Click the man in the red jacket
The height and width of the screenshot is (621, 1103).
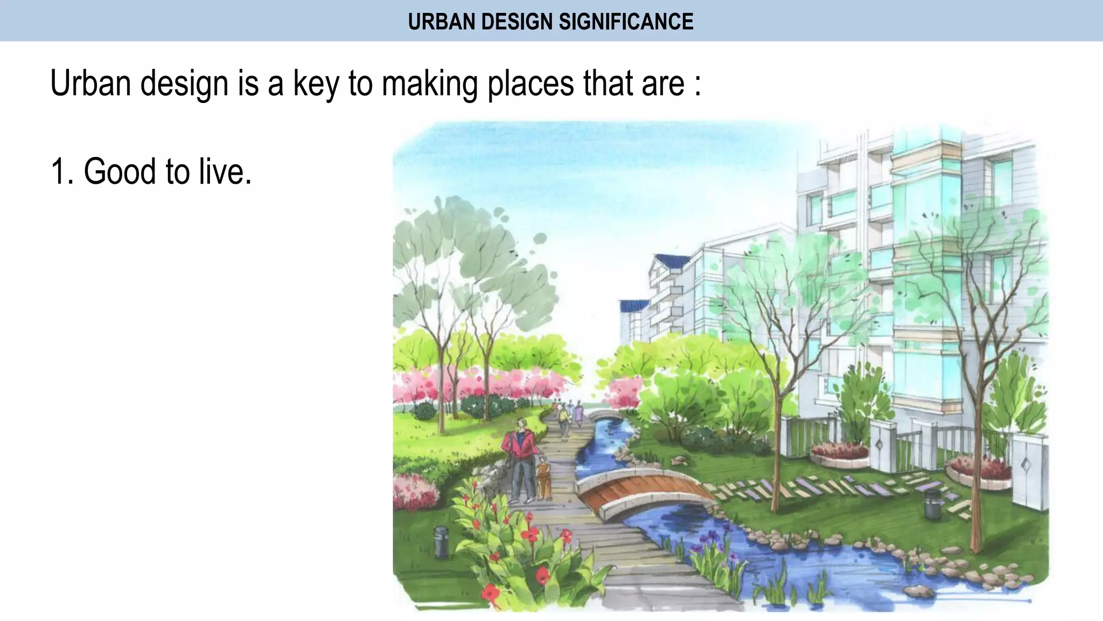[x=521, y=458]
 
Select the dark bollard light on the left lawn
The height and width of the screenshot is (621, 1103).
[x=441, y=541]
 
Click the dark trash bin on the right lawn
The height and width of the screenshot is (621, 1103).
[x=932, y=504]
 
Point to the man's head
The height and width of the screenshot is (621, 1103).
[x=521, y=424]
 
